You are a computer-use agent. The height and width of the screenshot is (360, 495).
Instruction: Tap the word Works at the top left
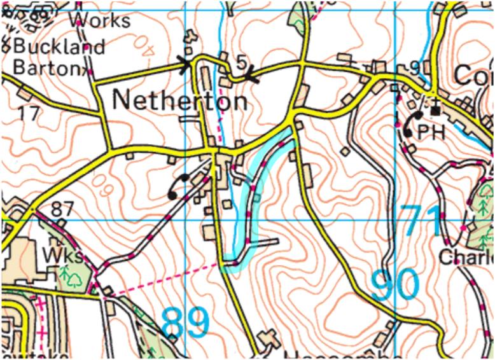[x=102, y=20]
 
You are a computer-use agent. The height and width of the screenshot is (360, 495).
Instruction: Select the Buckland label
[x=59, y=47]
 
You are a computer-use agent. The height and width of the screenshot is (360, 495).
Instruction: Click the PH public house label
[x=429, y=132]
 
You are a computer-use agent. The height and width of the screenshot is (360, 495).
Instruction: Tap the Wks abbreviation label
[x=63, y=256]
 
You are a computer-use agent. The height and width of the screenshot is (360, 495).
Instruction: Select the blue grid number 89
[x=185, y=323]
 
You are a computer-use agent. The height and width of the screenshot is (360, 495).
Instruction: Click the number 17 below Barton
[x=28, y=114]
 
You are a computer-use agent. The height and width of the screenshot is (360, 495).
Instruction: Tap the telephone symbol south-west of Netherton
[x=178, y=186]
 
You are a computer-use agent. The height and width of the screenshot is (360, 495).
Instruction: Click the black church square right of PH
[x=436, y=111]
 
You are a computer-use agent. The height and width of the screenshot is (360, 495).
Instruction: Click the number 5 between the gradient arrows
[x=241, y=62]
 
